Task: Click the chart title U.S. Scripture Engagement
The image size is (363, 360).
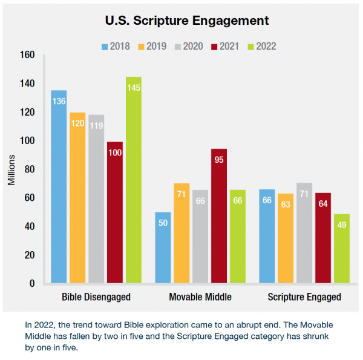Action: pos(186,21)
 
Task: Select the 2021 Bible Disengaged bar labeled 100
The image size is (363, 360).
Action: pos(114,212)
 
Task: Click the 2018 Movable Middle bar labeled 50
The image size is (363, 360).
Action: pos(163,247)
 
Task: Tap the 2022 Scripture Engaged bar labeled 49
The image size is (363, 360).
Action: pos(341,248)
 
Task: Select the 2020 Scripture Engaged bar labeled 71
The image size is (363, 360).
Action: pos(304,233)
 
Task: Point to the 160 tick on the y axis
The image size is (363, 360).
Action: pos(28,55)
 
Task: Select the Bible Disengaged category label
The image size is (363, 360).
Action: pos(96,297)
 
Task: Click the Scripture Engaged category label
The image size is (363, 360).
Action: pos(304,297)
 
